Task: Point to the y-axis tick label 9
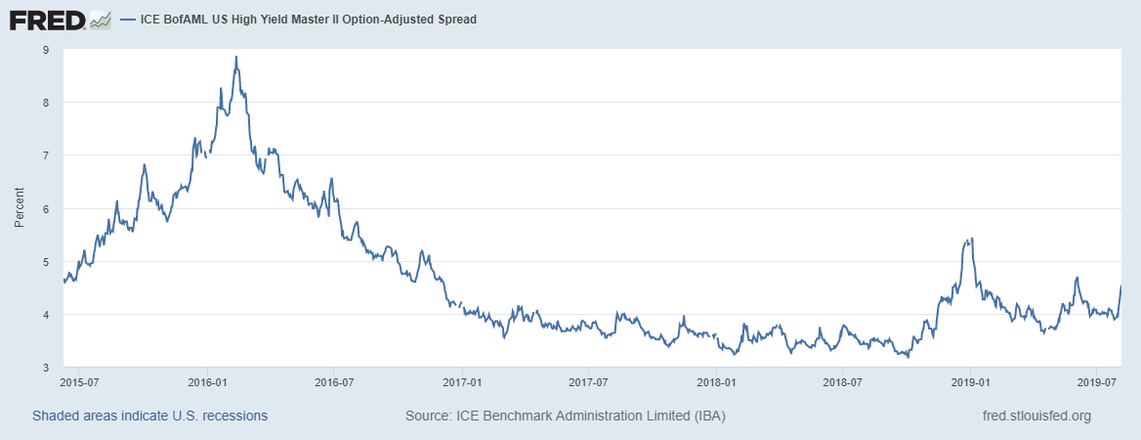pos(46,49)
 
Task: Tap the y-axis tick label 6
pos(46,208)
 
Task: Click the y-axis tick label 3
pos(46,368)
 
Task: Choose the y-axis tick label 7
pos(46,155)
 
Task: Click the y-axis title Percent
pos(19,208)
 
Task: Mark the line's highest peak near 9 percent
pos(236,57)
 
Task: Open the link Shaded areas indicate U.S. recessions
pos(149,416)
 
